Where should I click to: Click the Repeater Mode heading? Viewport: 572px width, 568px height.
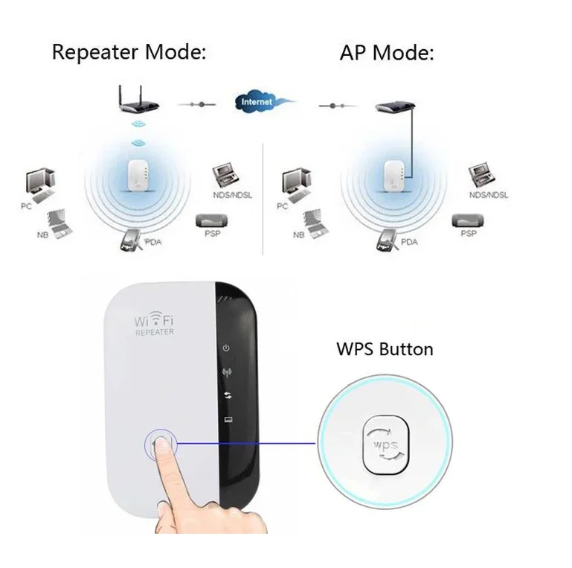[x=127, y=53]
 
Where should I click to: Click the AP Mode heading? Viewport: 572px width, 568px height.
[x=387, y=53]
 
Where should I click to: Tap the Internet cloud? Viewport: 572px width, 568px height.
[x=257, y=101]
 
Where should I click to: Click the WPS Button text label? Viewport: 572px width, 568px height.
[x=385, y=348]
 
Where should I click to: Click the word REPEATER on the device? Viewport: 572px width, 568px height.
[x=154, y=332]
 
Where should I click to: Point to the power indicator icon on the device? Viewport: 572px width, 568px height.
[x=226, y=348]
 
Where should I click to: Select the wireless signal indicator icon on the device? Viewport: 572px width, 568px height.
[x=226, y=371]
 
